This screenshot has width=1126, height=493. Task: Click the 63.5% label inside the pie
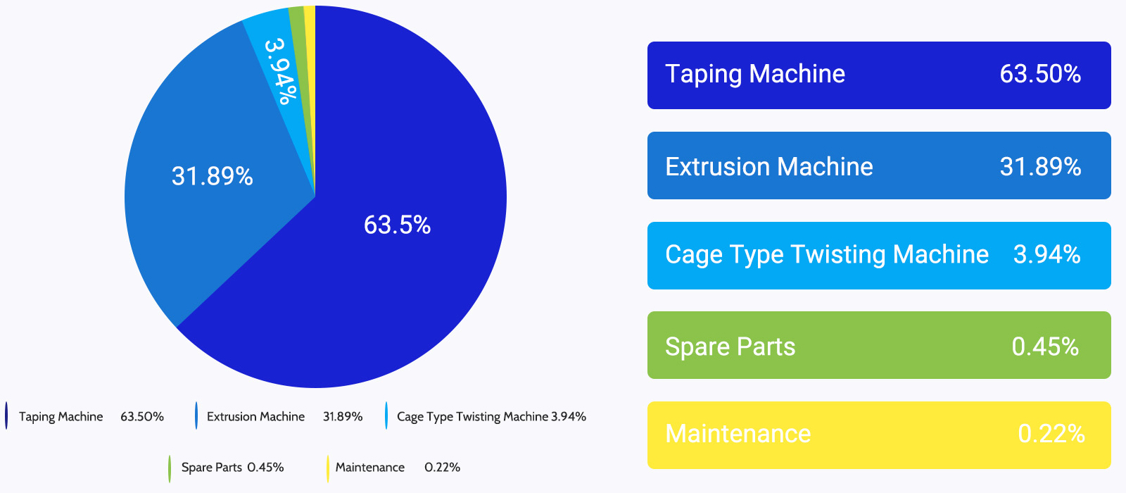point(397,225)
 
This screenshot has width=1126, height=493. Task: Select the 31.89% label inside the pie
point(212,177)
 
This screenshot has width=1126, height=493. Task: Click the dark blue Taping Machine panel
point(879,75)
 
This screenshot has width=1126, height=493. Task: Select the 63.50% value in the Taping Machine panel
point(1040,74)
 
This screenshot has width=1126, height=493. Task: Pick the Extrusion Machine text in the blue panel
point(769,166)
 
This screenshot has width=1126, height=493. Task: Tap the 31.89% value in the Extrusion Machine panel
point(1040,166)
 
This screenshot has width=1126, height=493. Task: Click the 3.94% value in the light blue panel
point(1047,254)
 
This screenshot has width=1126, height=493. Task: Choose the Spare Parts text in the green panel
point(730,347)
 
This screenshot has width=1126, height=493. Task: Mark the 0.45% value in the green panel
point(1045,347)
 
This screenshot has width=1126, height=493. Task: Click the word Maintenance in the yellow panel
point(738,434)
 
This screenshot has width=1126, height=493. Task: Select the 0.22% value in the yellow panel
point(1051,434)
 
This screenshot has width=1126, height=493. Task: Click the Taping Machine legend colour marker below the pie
point(6,416)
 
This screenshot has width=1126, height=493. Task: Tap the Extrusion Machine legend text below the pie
point(256,416)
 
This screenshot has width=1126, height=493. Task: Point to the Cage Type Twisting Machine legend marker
point(386,416)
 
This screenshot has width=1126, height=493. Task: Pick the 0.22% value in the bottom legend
point(443,468)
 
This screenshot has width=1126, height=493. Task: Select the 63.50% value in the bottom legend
point(142,416)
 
